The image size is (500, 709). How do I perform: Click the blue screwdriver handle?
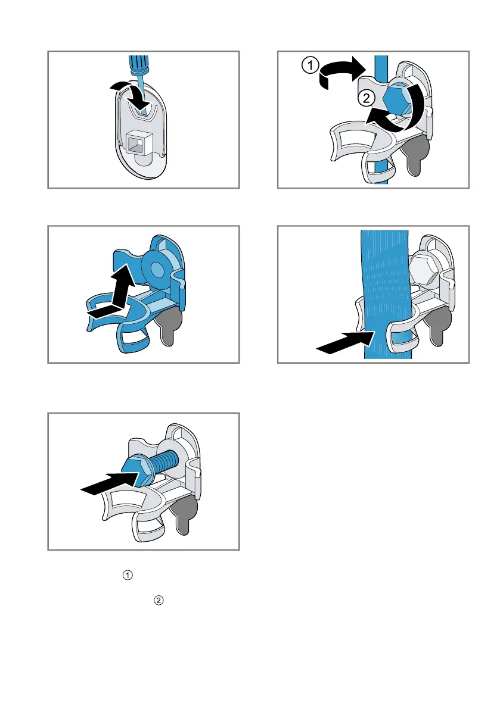coord(138,65)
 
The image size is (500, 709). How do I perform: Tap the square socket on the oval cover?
coord(137,143)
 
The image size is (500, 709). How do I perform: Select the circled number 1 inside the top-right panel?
coord(310,65)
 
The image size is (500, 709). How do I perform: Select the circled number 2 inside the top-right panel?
coord(367,98)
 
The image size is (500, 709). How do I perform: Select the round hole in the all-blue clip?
coord(157,270)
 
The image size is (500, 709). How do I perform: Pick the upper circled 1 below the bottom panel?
coord(128,575)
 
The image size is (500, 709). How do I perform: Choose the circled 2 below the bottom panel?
coord(159,600)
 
